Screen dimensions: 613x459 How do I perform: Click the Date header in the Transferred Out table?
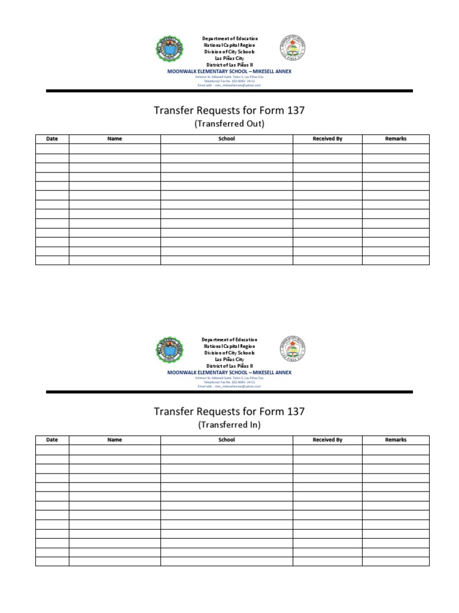(x=52, y=139)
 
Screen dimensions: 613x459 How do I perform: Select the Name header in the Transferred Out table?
(x=114, y=139)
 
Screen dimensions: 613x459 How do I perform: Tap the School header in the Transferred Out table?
(x=227, y=139)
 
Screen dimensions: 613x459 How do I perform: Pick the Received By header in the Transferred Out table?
(x=328, y=139)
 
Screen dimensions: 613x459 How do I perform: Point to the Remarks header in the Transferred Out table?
(x=396, y=139)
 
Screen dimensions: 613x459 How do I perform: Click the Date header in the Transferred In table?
(x=52, y=440)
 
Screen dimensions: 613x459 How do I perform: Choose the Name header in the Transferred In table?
(x=114, y=440)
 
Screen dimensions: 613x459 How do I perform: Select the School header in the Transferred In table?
(x=227, y=440)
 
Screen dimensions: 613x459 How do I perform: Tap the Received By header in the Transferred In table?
(x=328, y=440)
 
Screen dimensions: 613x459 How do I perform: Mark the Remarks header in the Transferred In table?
(x=396, y=440)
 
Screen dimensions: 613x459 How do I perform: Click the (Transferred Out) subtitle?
(x=229, y=124)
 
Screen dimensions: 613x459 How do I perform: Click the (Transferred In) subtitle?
(x=229, y=425)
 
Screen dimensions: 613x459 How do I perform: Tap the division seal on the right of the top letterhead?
(x=292, y=50)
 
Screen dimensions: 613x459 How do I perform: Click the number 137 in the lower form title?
(x=295, y=411)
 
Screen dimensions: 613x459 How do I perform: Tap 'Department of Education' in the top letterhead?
(x=229, y=39)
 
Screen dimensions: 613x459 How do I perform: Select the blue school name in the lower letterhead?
(x=229, y=372)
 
